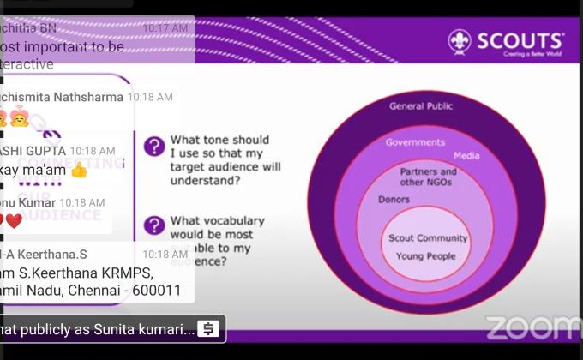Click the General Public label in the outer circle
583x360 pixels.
[421, 106]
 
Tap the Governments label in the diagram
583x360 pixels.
[415, 142]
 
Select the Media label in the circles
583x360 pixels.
[466, 156]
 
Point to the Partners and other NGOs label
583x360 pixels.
[428, 177]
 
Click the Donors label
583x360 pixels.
[394, 200]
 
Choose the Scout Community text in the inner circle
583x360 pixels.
[428, 238]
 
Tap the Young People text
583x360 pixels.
[426, 256]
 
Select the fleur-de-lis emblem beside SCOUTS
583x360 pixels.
[460, 41]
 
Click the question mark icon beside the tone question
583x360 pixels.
[154, 146]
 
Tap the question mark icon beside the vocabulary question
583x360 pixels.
[154, 225]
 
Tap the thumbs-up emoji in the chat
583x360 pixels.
[79, 170]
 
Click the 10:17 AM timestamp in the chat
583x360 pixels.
[165, 28]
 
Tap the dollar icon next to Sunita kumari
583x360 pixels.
[207, 329]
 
